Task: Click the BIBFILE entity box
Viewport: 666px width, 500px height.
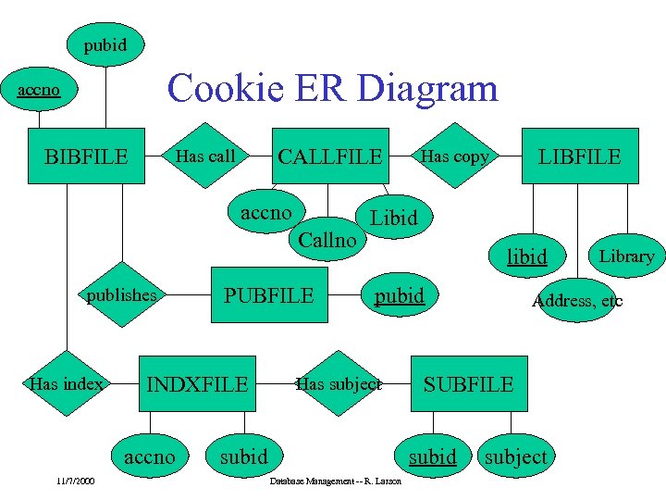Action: tap(87, 156)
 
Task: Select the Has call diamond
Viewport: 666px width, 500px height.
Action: tap(206, 156)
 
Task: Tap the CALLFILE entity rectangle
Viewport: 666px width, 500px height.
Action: tap(330, 156)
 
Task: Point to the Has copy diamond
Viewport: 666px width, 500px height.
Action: tap(454, 156)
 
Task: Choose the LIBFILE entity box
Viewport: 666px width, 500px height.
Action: tap(580, 156)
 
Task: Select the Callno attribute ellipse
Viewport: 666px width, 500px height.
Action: tap(327, 239)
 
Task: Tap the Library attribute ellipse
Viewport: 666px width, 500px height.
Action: tap(626, 256)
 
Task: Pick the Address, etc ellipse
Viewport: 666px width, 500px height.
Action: tap(576, 301)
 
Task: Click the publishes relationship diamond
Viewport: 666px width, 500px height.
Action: tap(121, 296)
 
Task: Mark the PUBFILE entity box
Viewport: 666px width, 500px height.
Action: tap(269, 296)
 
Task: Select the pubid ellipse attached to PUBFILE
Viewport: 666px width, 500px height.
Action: tap(399, 296)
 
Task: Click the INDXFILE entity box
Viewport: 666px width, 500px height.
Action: tap(198, 383)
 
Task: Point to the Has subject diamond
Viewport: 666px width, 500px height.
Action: tap(338, 383)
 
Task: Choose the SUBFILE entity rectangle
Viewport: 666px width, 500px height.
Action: tap(468, 383)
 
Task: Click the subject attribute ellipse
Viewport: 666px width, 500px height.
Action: tap(515, 456)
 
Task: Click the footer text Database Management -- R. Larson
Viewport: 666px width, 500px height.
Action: tap(335, 483)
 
